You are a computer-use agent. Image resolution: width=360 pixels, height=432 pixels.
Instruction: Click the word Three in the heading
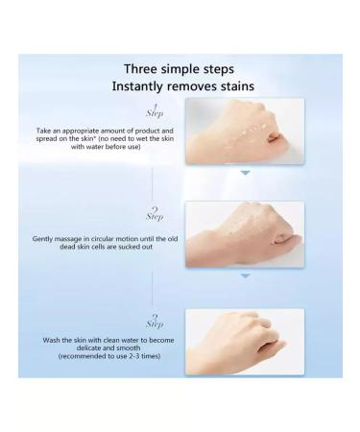(x=141, y=68)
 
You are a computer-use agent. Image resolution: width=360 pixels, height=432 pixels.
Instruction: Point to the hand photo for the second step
(x=244, y=233)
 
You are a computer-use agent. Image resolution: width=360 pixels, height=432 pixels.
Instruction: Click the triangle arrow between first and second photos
(x=245, y=173)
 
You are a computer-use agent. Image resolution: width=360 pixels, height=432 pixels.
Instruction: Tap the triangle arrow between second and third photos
(x=245, y=276)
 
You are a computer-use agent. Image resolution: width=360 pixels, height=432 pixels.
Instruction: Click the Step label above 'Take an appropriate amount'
(x=154, y=110)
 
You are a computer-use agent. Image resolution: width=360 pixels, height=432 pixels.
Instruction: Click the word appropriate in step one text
(x=93, y=128)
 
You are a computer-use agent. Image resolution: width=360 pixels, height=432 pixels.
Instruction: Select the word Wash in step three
(x=51, y=340)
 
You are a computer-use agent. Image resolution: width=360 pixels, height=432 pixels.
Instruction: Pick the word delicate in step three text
(x=91, y=348)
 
